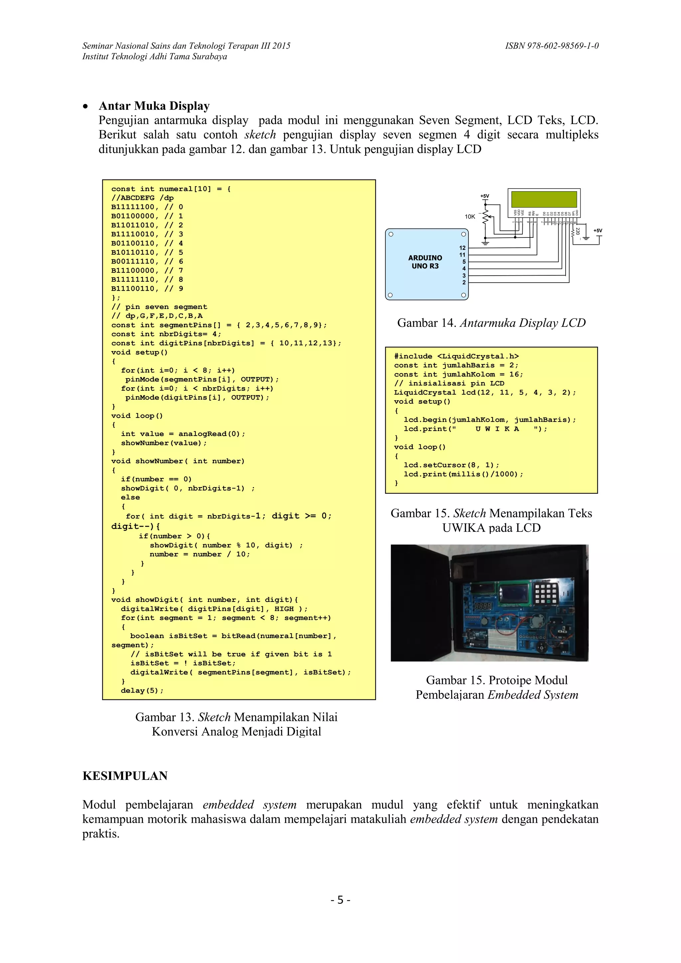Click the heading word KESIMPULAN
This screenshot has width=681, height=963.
tap(125, 775)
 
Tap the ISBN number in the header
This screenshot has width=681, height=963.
tap(551, 46)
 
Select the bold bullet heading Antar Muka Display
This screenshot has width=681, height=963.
tap(154, 106)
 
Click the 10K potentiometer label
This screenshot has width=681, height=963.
tap(470, 216)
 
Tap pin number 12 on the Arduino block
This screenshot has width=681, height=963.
tap(462, 248)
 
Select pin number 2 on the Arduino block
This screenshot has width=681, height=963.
tap(464, 282)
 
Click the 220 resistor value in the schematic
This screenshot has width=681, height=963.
tap(578, 231)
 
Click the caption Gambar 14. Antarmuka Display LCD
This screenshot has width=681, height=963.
tap(491, 323)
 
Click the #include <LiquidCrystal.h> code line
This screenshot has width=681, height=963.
tap(456, 356)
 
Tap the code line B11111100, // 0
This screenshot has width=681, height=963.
tap(147, 207)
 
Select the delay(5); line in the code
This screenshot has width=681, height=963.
tap(142, 690)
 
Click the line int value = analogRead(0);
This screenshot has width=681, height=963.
tap(183, 434)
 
